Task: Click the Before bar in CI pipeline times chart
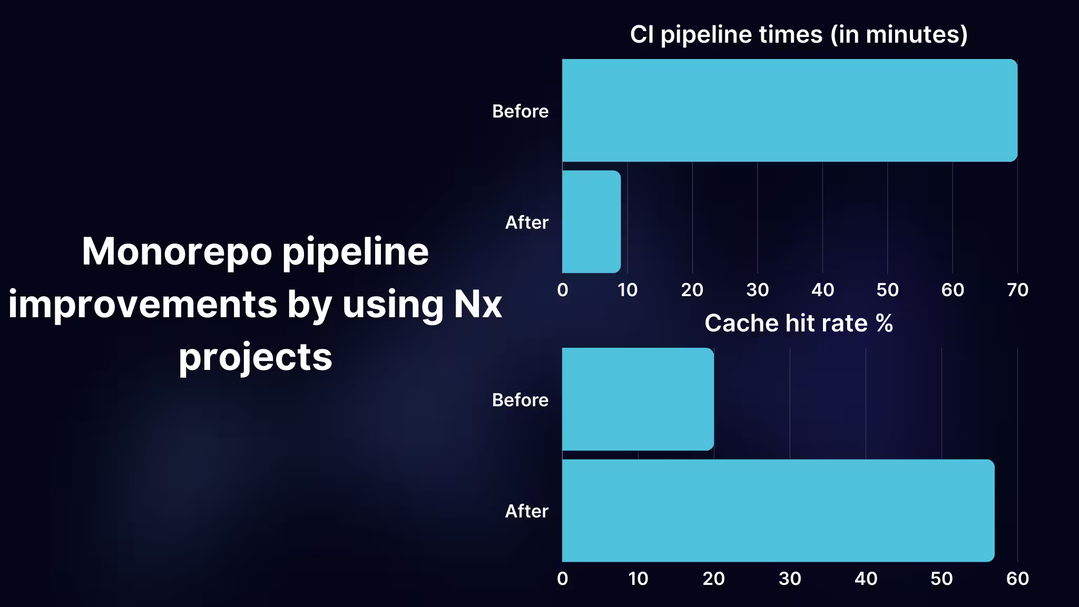click(x=789, y=110)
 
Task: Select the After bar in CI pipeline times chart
click(x=591, y=221)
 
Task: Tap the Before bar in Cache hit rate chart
click(x=637, y=399)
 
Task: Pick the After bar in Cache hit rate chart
click(x=778, y=510)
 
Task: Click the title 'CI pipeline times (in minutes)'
click(x=799, y=35)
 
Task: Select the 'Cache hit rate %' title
click(x=799, y=323)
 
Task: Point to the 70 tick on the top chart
click(x=1017, y=290)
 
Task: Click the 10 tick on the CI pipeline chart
click(x=627, y=290)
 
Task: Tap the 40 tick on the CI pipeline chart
click(x=822, y=290)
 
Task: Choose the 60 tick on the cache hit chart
click(x=1017, y=579)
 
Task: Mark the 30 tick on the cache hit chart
click(x=790, y=579)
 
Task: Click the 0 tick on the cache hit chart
click(x=563, y=579)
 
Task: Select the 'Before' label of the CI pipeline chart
click(x=520, y=111)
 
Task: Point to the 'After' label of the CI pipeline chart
click(x=526, y=222)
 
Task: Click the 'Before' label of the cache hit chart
click(x=520, y=400)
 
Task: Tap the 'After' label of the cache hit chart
click(x=526, y=511)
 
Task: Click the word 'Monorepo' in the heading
click(x=176, y=252)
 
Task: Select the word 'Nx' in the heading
click(x=478, y=305)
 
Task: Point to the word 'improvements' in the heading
click(x=142, y=305)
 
